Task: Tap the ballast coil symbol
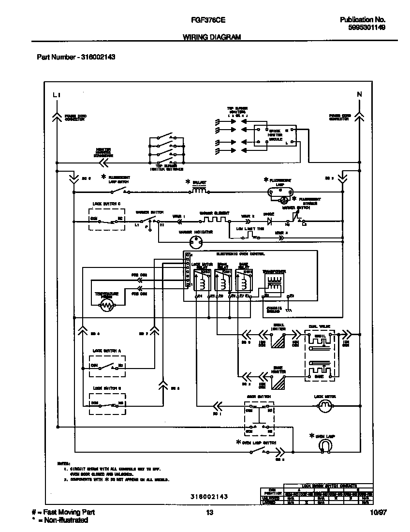(200, 191)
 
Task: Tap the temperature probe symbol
(106, 305)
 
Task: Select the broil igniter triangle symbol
(278, 341)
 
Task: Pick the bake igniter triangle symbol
(278, 382)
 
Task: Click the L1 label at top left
(57, 95)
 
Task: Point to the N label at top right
(359, 94)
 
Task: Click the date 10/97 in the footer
(377, 513)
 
